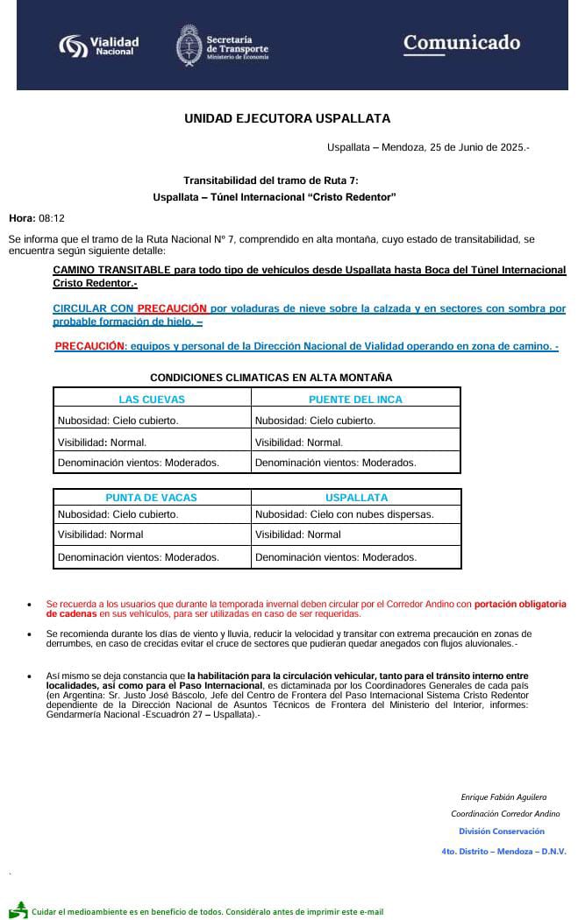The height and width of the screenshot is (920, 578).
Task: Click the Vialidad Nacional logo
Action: click(x=98, y=45)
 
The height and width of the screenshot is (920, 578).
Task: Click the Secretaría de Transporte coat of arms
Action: click(x=189, y=45)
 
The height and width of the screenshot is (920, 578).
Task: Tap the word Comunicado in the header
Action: click(x=461, y=43)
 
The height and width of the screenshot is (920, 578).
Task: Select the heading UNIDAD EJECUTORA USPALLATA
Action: click(x=287, y=118)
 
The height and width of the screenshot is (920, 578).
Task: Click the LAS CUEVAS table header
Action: click(x=152, y=400)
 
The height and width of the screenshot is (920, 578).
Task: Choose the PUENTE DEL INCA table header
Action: click(x=355, y=400)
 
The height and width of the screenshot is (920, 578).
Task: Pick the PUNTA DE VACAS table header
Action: click(x=152, y=498)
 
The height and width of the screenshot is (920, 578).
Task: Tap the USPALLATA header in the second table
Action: click(x=356, y=498)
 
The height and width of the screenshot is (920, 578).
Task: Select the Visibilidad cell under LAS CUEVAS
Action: click(x=102, y=442)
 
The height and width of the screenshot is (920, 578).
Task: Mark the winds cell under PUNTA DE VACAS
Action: click(x=138, y=556)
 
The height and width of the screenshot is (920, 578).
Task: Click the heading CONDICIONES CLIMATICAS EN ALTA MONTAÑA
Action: click(x=271, y=378)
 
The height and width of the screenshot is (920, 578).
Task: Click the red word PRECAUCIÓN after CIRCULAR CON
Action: click(x=172, y=308)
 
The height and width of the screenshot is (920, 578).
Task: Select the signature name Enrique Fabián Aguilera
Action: click(x=503, y=797)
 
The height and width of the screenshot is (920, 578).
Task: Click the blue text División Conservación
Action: click(x=502, y=832)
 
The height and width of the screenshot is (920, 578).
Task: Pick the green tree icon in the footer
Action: click(x=18, y=909)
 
